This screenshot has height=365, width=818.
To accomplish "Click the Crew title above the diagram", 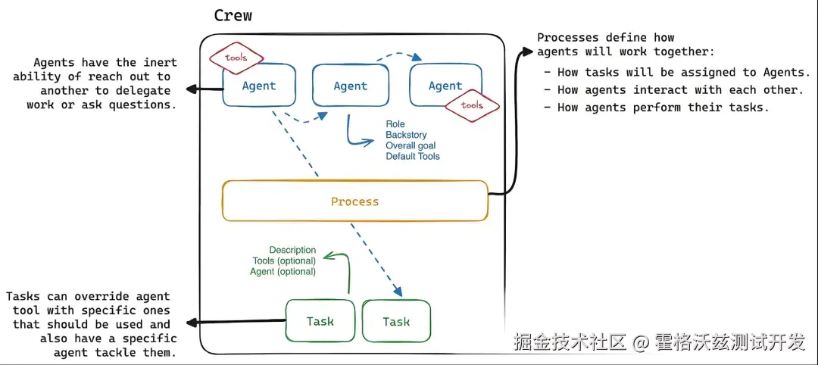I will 233,16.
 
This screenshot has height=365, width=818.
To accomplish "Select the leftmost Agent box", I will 258,86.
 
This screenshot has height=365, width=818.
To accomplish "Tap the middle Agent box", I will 350,86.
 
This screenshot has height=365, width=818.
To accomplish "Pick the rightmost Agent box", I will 445,86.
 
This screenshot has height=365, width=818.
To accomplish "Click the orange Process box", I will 354,201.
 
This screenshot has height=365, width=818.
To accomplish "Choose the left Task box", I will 320,321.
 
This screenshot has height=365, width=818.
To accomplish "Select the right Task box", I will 395,321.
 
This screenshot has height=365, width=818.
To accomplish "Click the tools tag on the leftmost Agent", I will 236,58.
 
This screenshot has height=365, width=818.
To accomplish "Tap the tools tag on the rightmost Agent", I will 472,105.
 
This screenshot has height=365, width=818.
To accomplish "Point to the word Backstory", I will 406,135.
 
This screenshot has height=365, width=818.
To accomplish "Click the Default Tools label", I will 412,156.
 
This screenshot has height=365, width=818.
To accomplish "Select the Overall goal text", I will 411,145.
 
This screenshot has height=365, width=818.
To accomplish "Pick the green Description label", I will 292,250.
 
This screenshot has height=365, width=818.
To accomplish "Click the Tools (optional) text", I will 284,260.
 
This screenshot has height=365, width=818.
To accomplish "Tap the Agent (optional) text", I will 283,271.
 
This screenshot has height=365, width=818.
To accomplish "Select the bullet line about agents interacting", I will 676,90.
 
